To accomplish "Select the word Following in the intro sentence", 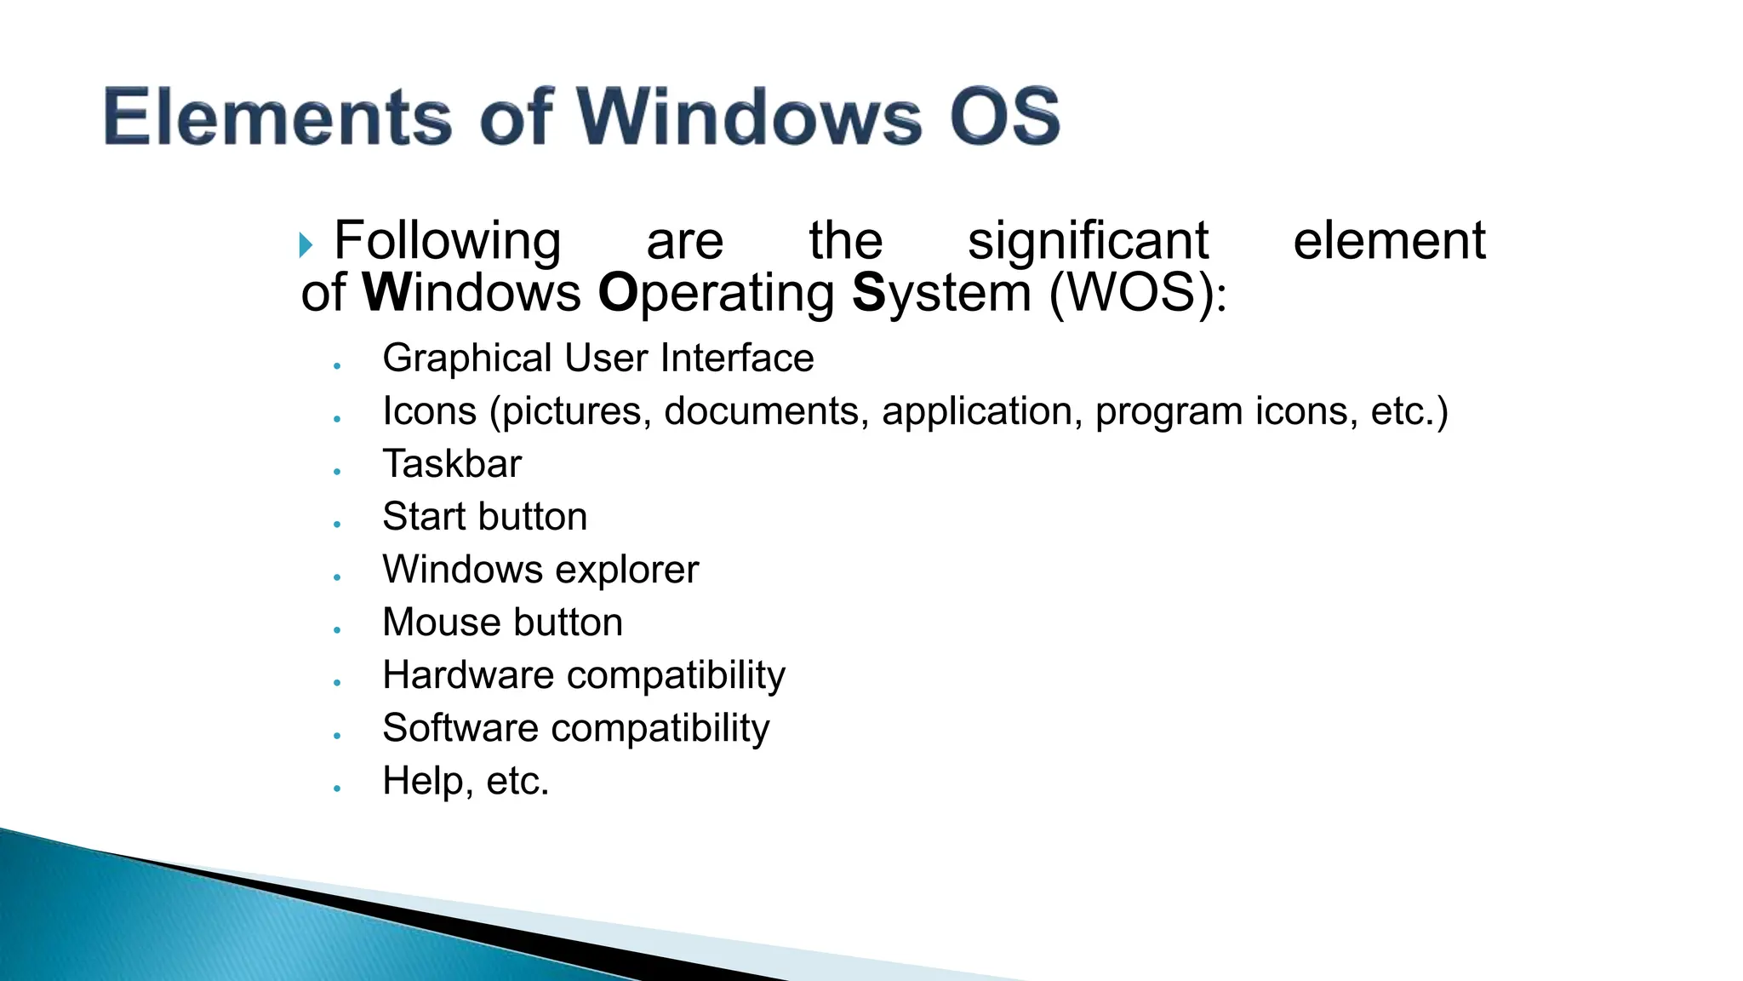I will pyautogui.click(x=448, y=241).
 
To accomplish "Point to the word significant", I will pyautogui.click(x=1088, y=241).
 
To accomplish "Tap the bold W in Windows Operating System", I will pyautogui.click(x=386, y=293).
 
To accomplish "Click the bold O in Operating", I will pyautogui.click(x=617, y=293).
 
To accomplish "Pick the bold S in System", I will pyautogui.click(x=869, y=293).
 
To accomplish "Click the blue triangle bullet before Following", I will pyautogui.click(x=306, y=246).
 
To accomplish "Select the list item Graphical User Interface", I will pyautogui.click(x=597, y=359).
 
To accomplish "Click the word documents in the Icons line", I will pyautogui.click(x=766, y=411).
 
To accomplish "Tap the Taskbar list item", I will pyautogui.click(x=452, y=464).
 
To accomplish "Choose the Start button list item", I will pyautogui.click(x=484, y=517).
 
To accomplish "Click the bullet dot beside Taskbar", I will pyautogui.click(x=338, y=472).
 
